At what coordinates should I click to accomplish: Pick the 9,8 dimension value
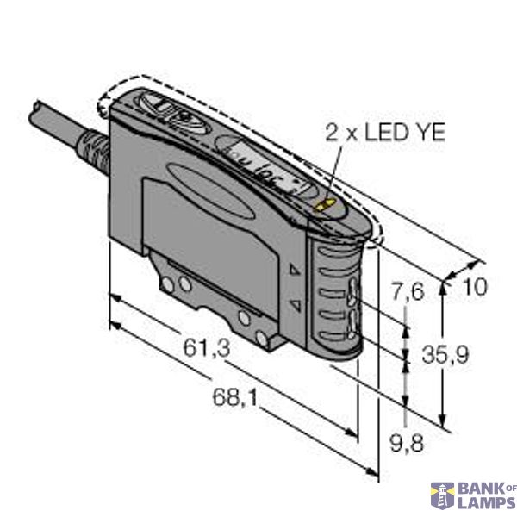(x=405, y=445)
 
